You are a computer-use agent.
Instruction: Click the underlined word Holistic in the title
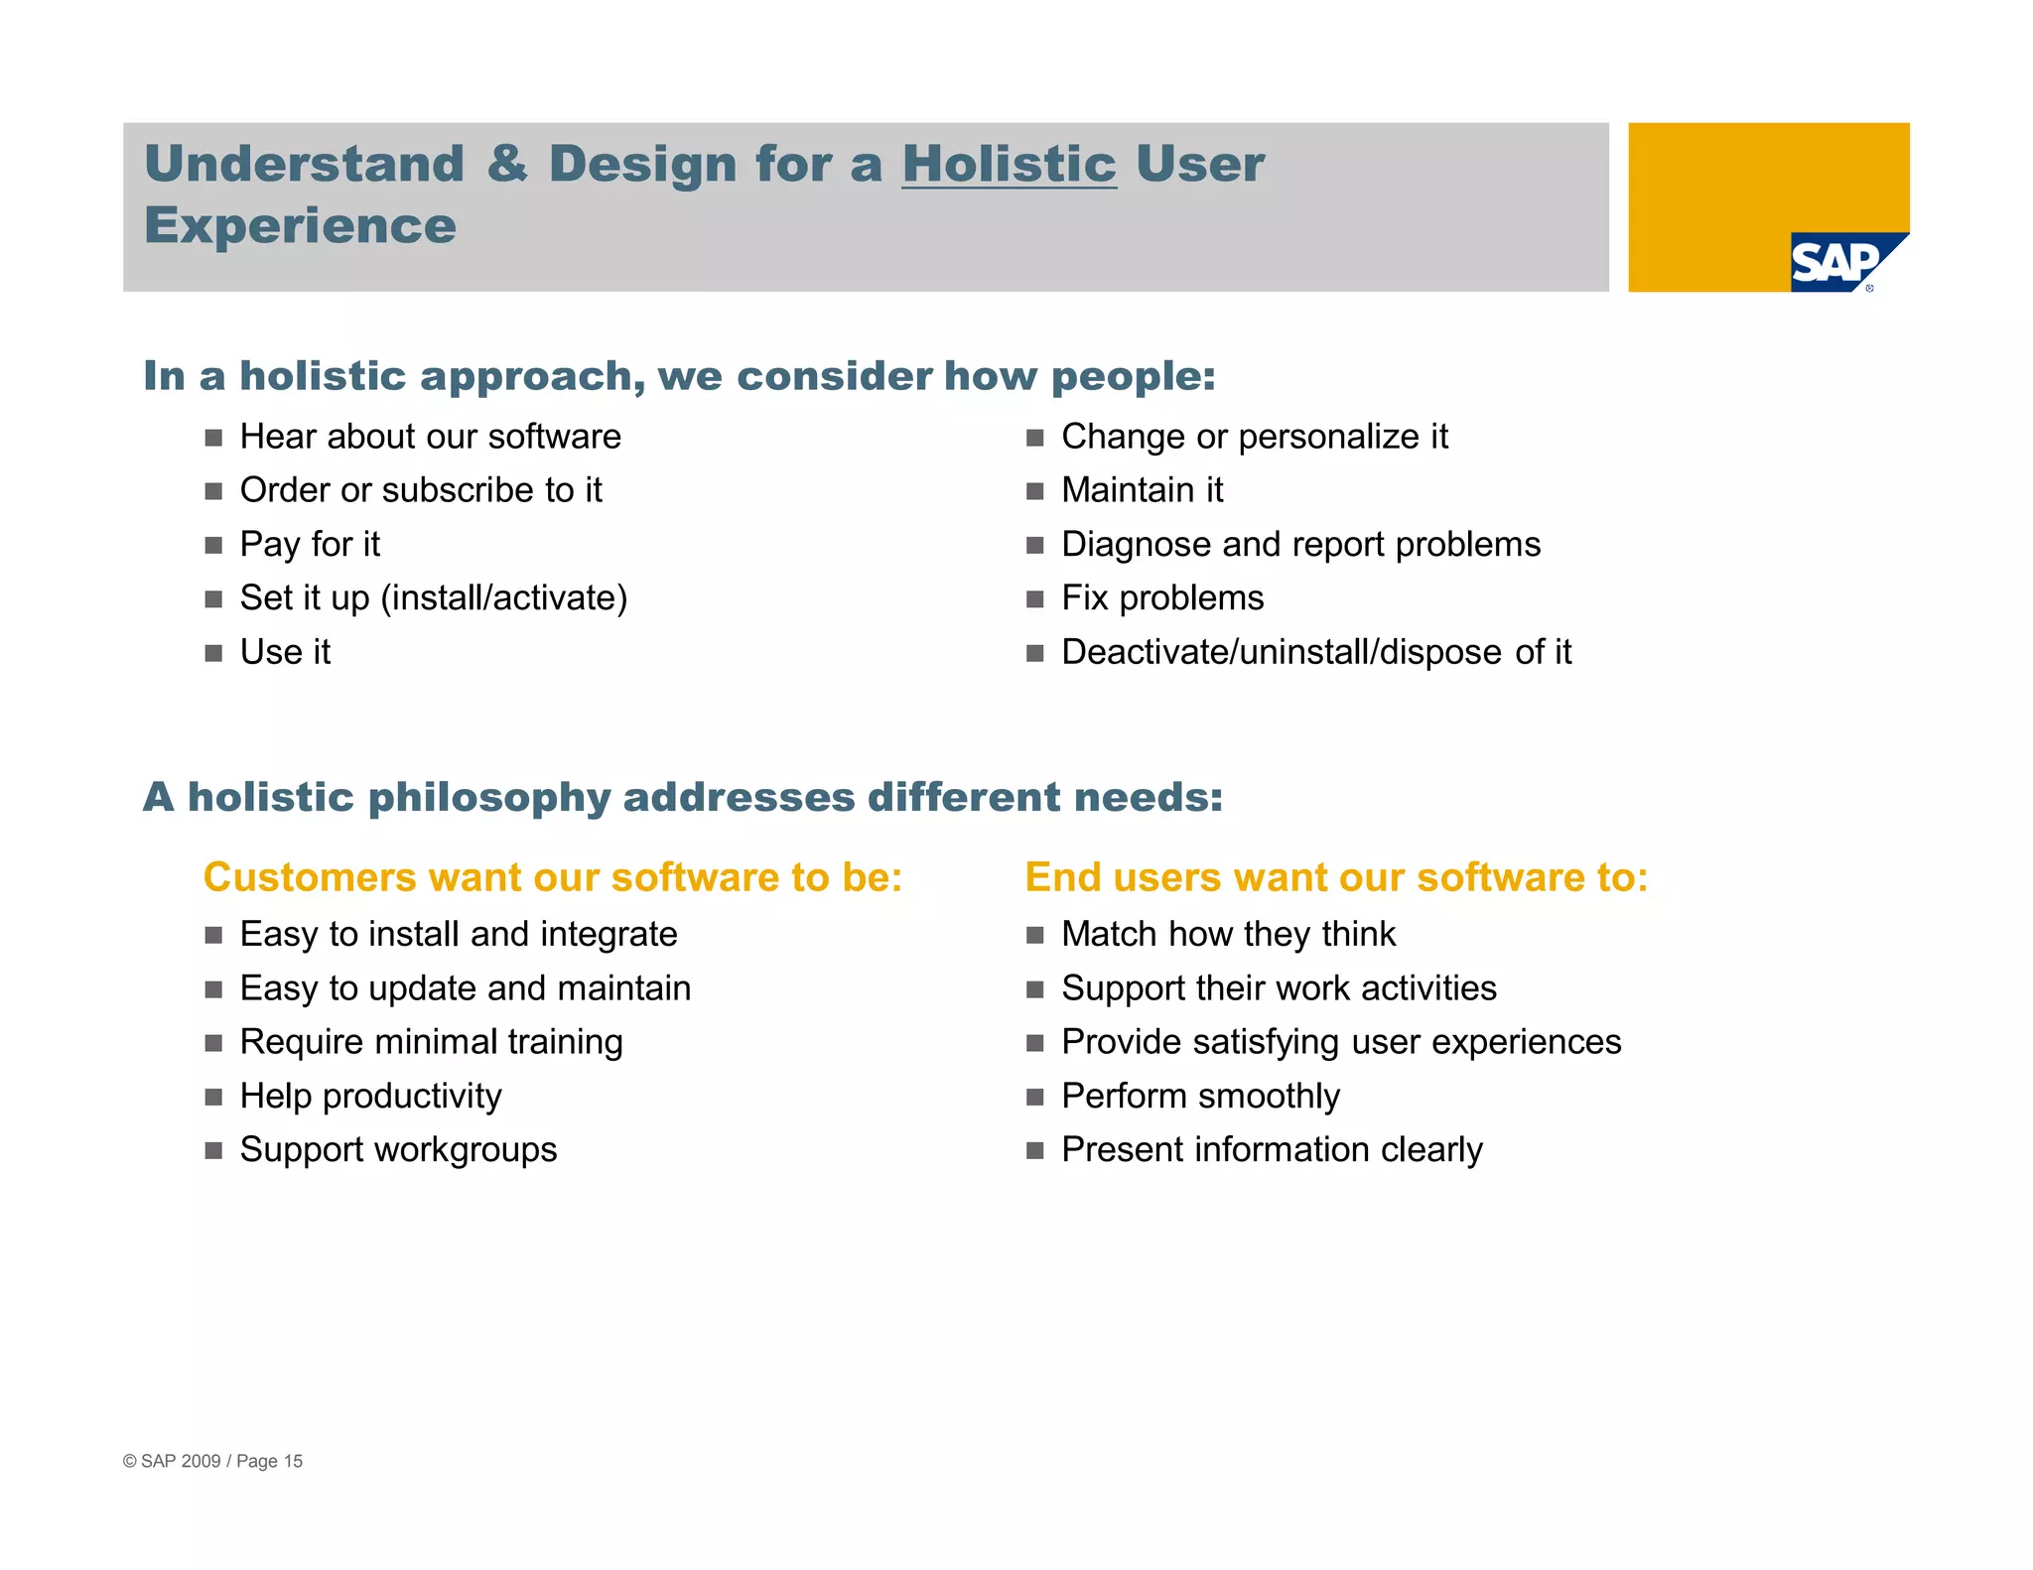[1009, 164]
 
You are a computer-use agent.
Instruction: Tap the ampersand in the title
[507, 164]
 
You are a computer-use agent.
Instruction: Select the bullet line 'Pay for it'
[310, 544]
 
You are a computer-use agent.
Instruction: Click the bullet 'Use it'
[285, 652]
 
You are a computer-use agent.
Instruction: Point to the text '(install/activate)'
[504, 598]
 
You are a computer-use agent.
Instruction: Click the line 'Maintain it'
[1142, 490]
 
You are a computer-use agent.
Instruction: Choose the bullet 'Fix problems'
[1162, 598]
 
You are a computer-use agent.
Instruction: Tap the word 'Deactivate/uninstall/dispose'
[1282, 652]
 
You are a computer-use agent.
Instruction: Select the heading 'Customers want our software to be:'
[552, 877]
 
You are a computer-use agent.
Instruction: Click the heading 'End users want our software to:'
[1336, 877]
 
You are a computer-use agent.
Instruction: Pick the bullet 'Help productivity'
[370, 1096]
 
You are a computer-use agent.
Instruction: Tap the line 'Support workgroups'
[398, 1149]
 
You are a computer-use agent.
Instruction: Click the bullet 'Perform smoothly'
[1200, 1096]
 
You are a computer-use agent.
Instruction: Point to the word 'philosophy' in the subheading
[489, 798]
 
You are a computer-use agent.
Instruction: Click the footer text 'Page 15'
[269, 1461]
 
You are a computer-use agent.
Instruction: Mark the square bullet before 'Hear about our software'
[213, 438]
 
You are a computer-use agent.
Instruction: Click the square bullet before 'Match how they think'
[1034, 935]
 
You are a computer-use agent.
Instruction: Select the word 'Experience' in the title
[300, 226]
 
